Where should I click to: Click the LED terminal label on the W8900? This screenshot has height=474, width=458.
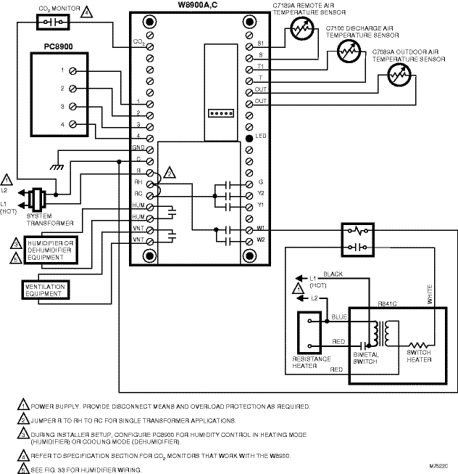point(261,137)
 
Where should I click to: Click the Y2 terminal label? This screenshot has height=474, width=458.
point(261,195)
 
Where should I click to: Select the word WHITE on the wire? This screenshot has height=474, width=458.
point(429,293)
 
